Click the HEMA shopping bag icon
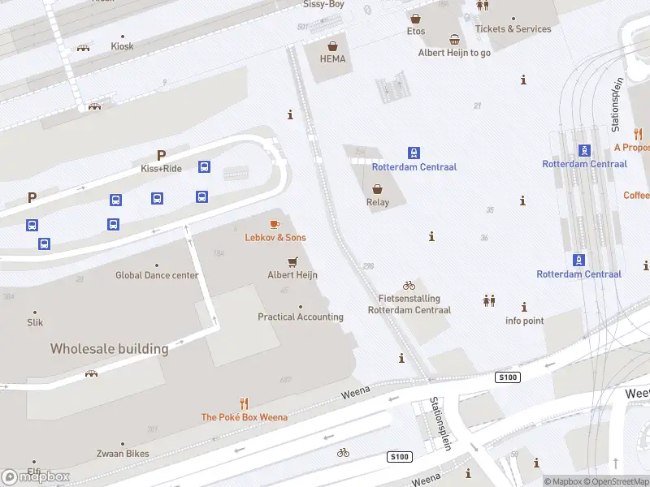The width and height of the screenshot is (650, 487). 332,45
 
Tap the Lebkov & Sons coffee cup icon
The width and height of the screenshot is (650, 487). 275,223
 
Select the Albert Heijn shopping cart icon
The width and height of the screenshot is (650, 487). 292,261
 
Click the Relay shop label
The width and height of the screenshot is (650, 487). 378,203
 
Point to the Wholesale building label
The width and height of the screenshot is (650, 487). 109,349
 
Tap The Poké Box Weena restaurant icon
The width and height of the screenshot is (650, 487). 244,403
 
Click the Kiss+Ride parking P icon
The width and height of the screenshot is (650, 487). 161,155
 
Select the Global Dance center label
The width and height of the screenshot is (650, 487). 157,275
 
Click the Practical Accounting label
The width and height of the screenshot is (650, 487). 301,317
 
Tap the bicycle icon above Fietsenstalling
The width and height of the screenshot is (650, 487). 409,285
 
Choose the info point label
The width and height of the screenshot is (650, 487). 524,321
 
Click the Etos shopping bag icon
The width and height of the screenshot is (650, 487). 415,18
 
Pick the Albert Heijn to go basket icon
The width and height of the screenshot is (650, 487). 454,39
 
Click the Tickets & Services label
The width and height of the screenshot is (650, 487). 513,29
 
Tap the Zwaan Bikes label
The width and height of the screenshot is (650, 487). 123,454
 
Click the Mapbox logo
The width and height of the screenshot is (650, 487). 36,476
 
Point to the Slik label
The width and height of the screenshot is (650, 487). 35,322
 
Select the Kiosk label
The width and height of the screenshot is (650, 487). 123,46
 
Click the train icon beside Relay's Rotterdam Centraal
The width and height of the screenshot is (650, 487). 414,153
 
